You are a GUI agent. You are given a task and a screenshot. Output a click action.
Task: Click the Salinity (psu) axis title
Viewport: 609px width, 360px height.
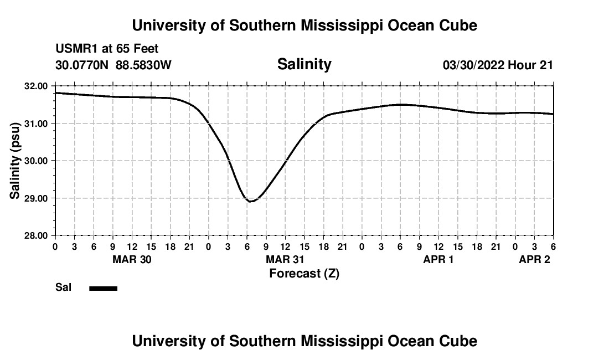[x=15, y=161]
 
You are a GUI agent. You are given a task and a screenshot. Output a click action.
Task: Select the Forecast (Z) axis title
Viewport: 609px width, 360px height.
[x=304, y=273]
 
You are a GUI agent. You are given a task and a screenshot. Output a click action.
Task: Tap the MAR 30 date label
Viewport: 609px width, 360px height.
[x=132, y=259]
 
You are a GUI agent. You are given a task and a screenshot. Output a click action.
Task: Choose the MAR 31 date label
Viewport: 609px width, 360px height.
[x=285, y=259]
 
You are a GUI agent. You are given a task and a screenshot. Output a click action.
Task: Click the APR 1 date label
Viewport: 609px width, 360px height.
[x=438, y=259]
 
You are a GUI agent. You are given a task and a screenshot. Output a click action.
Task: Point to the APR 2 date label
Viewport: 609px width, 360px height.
[x=534, y=259]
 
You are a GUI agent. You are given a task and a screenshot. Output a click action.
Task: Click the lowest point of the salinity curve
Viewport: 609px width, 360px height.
[x=251, y=202]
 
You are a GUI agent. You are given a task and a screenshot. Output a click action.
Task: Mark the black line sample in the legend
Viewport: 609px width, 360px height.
[x=103, y=288]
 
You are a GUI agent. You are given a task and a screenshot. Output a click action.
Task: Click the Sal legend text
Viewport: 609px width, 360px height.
[x=63, y=287]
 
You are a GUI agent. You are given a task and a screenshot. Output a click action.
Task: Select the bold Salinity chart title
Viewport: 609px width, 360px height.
[x=304, y=64]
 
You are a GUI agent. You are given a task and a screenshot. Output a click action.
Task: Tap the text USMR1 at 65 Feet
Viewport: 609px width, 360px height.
[x=107, y=49]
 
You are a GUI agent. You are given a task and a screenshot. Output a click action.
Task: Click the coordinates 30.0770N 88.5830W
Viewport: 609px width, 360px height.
[x=113, y=65]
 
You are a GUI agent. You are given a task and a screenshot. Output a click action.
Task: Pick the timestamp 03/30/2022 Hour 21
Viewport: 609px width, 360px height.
[x=498, y=65]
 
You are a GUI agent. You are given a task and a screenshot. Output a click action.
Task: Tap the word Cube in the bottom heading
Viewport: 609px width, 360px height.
[x=461, y=341]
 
